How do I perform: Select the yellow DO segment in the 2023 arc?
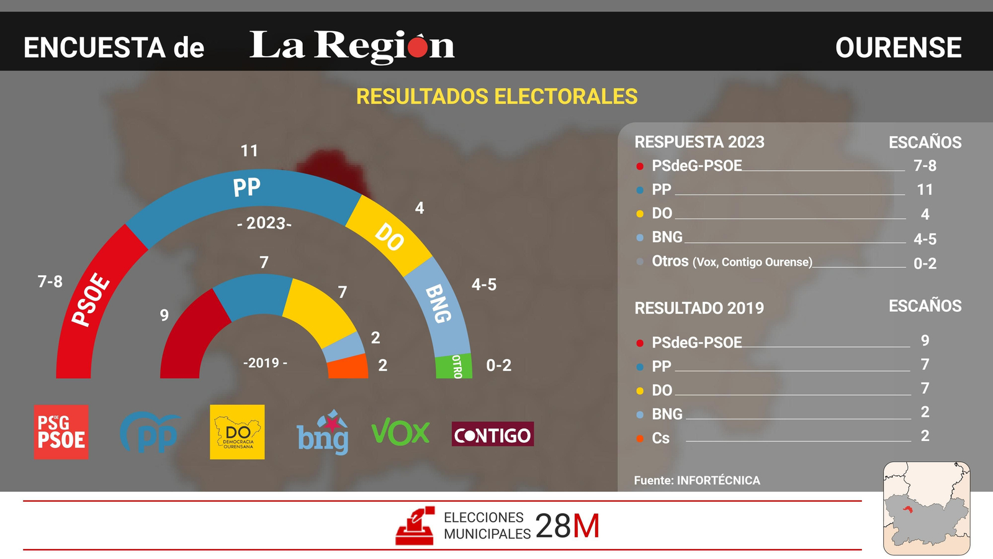(x=389, y=237)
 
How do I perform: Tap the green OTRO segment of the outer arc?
(x=454, y=366)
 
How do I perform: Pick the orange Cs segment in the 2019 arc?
(x=348, y=367)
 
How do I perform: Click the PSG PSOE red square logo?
(x=61, y=432)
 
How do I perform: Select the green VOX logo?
(x=400, y=432)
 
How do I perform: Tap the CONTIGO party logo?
(x=493, y=434)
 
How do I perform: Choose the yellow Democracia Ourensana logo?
(x=237, y=432)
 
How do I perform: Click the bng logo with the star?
(x=323, y=433)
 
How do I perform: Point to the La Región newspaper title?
(x=352, y=46)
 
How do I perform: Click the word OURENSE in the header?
(x=898, y=48)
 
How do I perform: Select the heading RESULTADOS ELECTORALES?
(x=496, y=97)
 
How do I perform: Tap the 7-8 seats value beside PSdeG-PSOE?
(x=925, y=166)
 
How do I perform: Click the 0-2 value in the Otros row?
(x=925, y=263)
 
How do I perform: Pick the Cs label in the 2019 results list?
(x=660, y=439)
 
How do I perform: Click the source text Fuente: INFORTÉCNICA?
(x=697, y=480)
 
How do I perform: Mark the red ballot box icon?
(x=415, y=527)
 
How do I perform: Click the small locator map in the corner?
(x=926, y=508)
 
